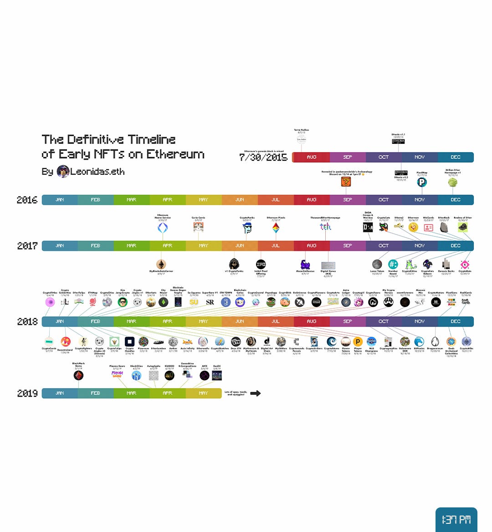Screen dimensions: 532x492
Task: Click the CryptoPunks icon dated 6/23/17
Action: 247,227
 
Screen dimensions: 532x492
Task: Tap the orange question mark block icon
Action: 346,182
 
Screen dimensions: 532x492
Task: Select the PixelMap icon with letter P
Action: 422,182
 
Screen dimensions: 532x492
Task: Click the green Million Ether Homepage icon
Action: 452,182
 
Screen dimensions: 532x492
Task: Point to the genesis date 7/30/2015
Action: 263,158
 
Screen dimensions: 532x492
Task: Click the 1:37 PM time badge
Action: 456,520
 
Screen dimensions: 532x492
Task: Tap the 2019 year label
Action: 27,393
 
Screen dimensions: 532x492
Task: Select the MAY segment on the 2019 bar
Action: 203,393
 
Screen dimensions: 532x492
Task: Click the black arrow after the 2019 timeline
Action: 256,393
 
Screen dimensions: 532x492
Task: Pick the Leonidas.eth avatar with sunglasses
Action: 63,172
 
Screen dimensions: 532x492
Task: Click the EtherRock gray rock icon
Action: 444,227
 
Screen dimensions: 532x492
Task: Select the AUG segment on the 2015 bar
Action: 311,157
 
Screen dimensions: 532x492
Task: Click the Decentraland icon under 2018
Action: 66,342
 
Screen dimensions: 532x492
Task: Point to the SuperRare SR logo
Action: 210,302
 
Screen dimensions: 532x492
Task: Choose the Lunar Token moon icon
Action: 377,265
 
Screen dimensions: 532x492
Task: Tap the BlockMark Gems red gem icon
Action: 79,375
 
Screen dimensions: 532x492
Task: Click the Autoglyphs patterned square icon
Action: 154,375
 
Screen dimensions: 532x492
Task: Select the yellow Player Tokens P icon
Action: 358,342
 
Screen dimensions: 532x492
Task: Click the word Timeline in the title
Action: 151,139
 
